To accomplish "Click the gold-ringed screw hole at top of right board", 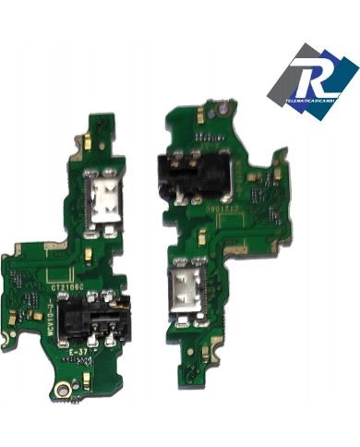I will (x=228, y=110).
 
